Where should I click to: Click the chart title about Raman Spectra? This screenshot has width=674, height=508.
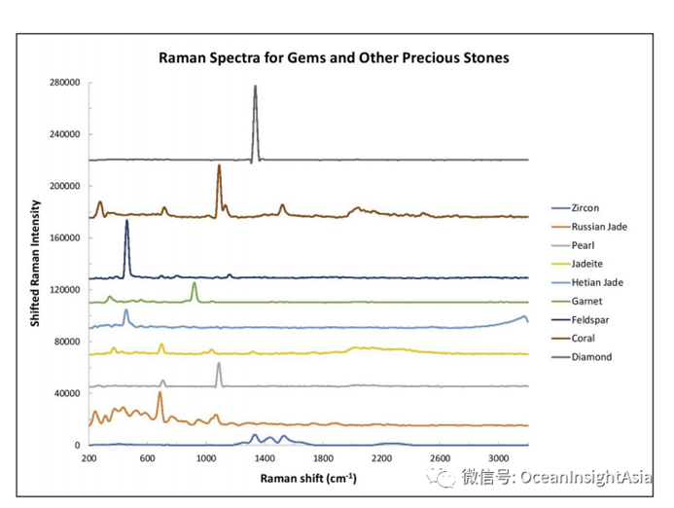coord(334,57)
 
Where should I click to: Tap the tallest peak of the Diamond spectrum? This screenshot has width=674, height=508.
coord(256,88)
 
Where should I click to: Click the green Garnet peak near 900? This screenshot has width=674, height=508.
coord(195,284)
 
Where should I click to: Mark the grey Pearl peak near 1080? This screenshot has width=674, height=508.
coord(219,364)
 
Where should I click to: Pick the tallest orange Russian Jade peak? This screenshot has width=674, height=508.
coord(160,395)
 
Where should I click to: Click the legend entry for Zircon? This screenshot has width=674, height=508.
coord(586,207)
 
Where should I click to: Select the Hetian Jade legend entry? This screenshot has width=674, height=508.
coord(596,282)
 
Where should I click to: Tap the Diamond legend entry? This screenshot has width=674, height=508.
coord(591,357)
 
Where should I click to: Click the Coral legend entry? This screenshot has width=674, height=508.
coord(585,339)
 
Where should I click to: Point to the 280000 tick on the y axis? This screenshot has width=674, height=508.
coord(64,83)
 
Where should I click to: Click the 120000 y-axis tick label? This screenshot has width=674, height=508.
coord(64,290)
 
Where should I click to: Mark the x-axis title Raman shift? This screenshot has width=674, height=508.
coord(307,479)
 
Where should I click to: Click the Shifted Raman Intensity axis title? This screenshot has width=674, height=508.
coord(35,263)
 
